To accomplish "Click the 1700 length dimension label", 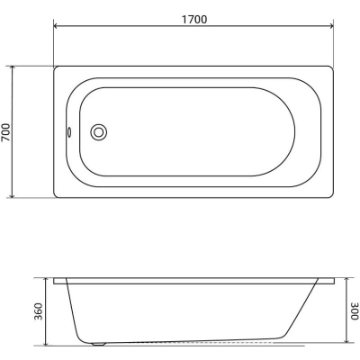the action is coord(194,20).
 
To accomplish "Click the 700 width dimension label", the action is coord(5,132).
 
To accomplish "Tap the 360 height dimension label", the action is coord(38,311).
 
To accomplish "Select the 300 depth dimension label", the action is coord(355,311).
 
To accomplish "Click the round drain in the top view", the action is coord(99,132).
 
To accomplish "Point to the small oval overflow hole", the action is coord(69,132).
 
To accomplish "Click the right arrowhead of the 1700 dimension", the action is coord(331,26).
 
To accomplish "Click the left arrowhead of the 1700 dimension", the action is coord(56,26).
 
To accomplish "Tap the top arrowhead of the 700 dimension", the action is coord(12,68).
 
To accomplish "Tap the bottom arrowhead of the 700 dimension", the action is coord(12,195).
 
